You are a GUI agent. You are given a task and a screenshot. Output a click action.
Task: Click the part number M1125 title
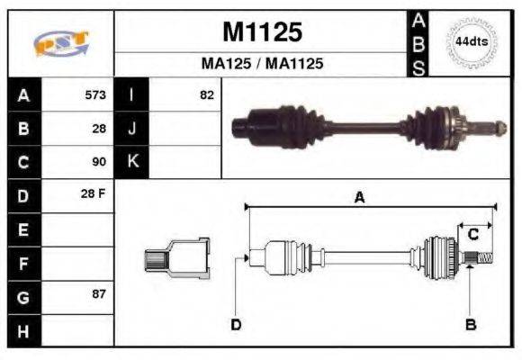(261, 32)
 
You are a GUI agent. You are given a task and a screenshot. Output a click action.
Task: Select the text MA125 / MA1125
(261, 65)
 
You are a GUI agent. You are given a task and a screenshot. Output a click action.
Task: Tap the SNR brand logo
(60, 43)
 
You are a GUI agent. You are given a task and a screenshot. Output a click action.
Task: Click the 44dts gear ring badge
(470, 41)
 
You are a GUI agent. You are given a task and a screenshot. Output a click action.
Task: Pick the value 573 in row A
(94, 94)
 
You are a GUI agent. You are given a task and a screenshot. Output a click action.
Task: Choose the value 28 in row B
(99, 129)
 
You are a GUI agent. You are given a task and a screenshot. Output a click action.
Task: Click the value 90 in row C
(99, 162)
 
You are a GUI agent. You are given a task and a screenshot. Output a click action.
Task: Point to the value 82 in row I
(206, 94)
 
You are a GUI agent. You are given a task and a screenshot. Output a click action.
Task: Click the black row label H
(22, 330)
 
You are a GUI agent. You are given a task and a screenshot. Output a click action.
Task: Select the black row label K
(132, 162)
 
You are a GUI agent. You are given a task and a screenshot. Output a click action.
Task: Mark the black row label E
(22, 229)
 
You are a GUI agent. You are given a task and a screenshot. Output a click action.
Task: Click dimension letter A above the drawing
(358, 199)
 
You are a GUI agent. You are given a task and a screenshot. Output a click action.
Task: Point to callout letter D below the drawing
(236, 325)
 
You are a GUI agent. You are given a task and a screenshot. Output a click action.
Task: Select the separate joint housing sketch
(177, 257)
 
